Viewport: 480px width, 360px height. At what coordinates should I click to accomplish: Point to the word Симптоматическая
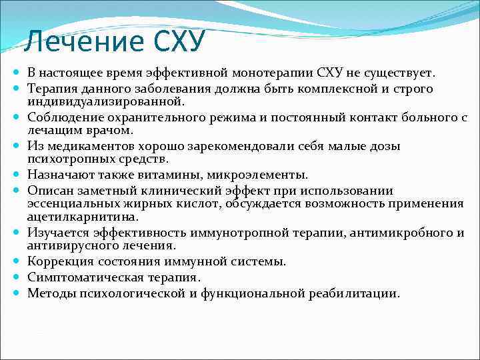[81, 277]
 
